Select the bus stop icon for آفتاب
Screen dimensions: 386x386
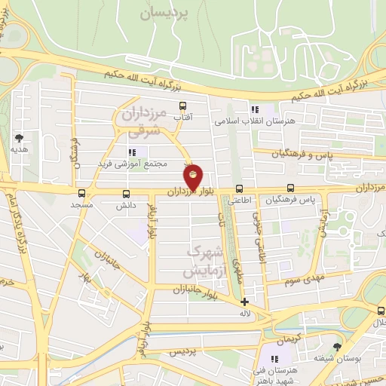coord(182,106)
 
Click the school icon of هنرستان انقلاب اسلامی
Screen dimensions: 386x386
coord(255,109)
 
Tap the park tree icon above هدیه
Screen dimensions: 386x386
coord(18,138)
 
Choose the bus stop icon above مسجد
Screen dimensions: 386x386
coord(81,193)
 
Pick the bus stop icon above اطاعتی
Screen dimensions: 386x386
coord(239,189)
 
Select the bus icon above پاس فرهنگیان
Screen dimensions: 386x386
coord(290,189)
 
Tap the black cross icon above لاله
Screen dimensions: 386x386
coord(244,302)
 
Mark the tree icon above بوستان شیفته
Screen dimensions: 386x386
coord(335,346)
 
